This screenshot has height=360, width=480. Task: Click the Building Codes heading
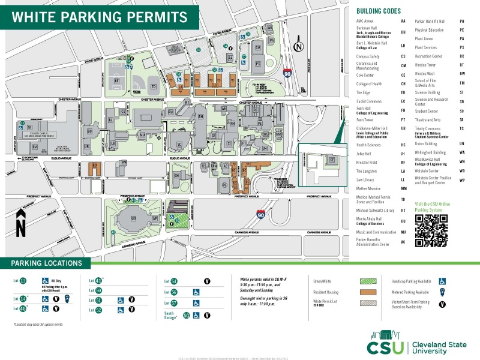pyautogui.click(x=378, y=11)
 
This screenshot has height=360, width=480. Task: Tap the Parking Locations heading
pyautogui.click(x=46, y=263)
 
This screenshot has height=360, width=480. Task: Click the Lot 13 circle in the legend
pyautogui.click(x=23, y=281)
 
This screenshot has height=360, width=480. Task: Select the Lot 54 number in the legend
pyautogui.click(x=174, y=281)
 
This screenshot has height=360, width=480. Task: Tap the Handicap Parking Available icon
pyautogui.click(x=443, y=280)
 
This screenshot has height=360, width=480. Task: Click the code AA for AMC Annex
pyautogui.click(x=403, y=21)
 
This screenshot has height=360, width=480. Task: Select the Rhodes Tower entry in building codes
pyautogui.click(x=425, y=64)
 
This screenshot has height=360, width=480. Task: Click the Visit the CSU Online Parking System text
pyautogui.click(x=432, y=207)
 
